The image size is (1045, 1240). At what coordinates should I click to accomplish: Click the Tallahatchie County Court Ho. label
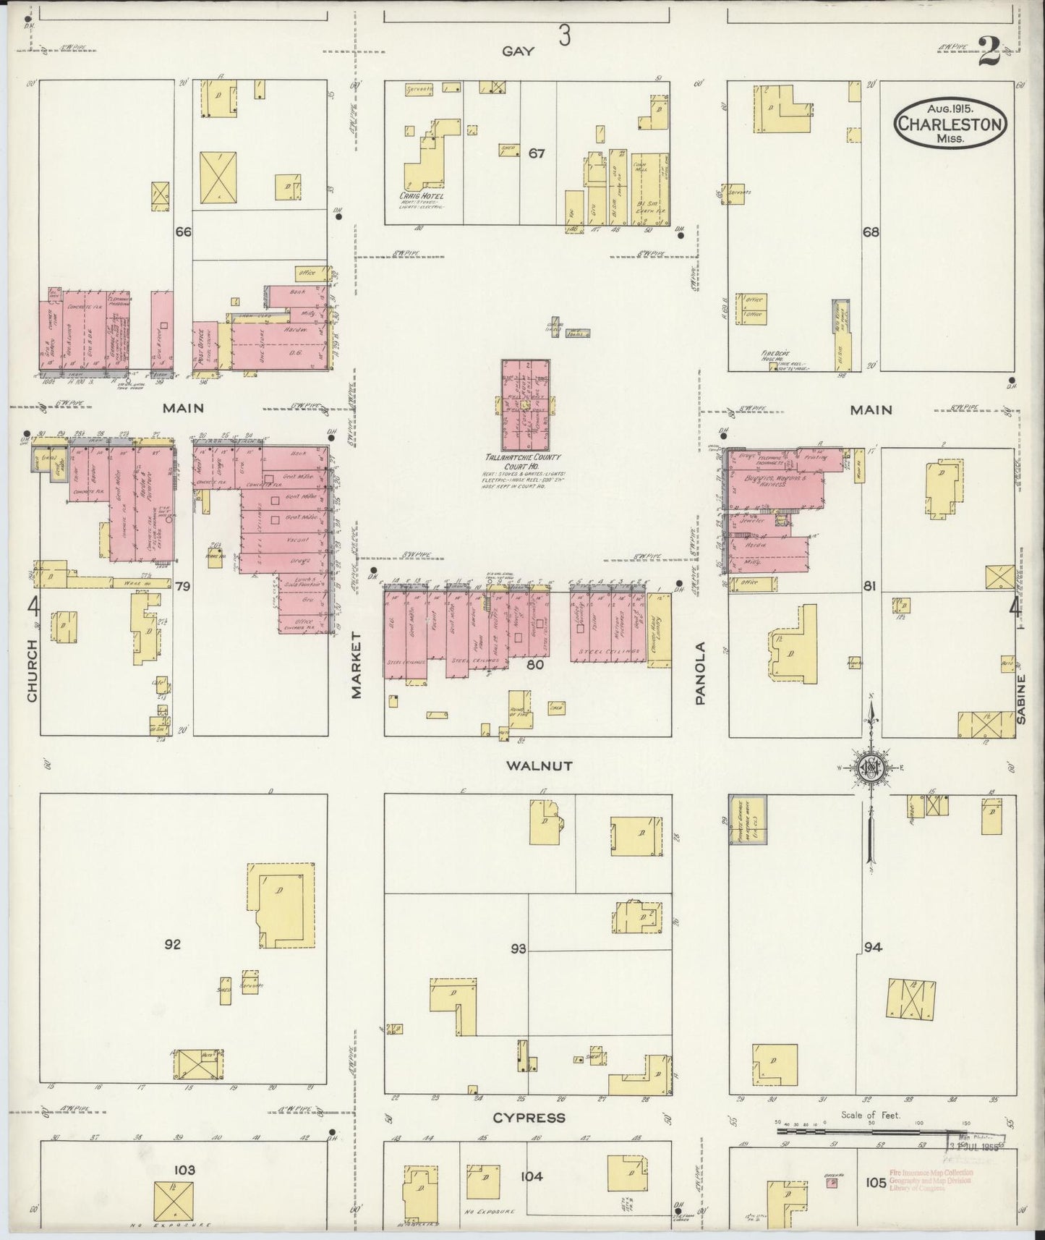524,462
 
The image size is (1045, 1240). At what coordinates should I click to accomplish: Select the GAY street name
518,51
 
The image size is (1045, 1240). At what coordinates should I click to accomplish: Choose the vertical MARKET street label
356,663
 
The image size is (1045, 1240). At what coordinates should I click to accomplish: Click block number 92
172,944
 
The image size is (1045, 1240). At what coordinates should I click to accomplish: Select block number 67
536,153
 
